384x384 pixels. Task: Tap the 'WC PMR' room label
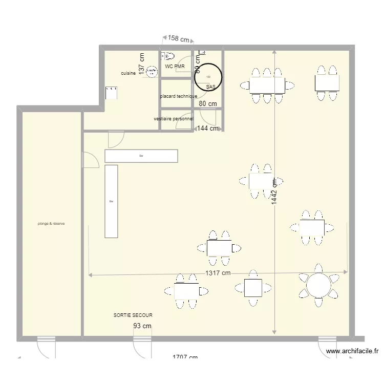pos(175,67)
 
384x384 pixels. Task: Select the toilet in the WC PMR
pos(168,55)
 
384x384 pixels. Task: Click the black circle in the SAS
pos(208,77)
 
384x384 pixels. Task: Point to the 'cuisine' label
pos(128,73)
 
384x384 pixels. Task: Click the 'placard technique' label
pos(178,96)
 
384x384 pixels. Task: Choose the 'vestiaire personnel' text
pos(174,119)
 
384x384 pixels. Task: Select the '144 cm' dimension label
pos(208,129)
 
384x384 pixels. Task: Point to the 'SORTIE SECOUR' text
pos(133,316)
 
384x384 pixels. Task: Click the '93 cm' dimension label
pos(142,326)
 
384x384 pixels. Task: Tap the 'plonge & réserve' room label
pos(51,223)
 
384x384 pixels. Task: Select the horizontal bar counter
pos(141,156)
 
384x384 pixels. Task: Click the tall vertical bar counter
pos(111,201)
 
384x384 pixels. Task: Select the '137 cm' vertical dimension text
pos(142,63)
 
